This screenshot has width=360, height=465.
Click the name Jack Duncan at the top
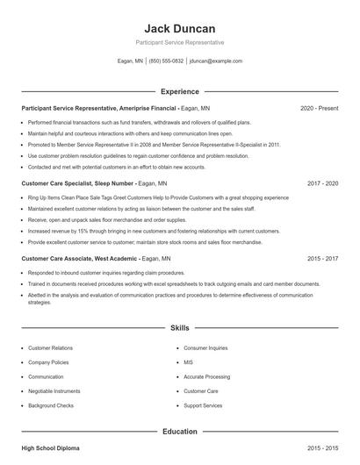click(179, 28)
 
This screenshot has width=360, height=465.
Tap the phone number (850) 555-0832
click(166, 61)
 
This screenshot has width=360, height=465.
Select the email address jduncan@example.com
click(216, 61)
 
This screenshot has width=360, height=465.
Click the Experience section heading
click(179, 91)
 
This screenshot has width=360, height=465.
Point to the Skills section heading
click(179, 327)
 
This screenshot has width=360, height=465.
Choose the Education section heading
click(179, 432)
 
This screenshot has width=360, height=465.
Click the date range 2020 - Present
click(319, 108)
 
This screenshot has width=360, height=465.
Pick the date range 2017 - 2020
click(322, 184)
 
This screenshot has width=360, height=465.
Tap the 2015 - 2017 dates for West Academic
click(322, 260)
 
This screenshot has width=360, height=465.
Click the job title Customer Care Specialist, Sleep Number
click(77, 184)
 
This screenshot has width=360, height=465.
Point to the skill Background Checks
click(51, 405)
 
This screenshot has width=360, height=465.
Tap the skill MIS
click(188, 361)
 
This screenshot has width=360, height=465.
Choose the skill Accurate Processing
click(206, 376)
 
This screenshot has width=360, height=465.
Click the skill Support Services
click(203, 405)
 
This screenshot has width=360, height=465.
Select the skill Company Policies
click(49, 361)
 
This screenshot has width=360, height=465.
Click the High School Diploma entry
click(50, 448)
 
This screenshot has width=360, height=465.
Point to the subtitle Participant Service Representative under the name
click(179, 42)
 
